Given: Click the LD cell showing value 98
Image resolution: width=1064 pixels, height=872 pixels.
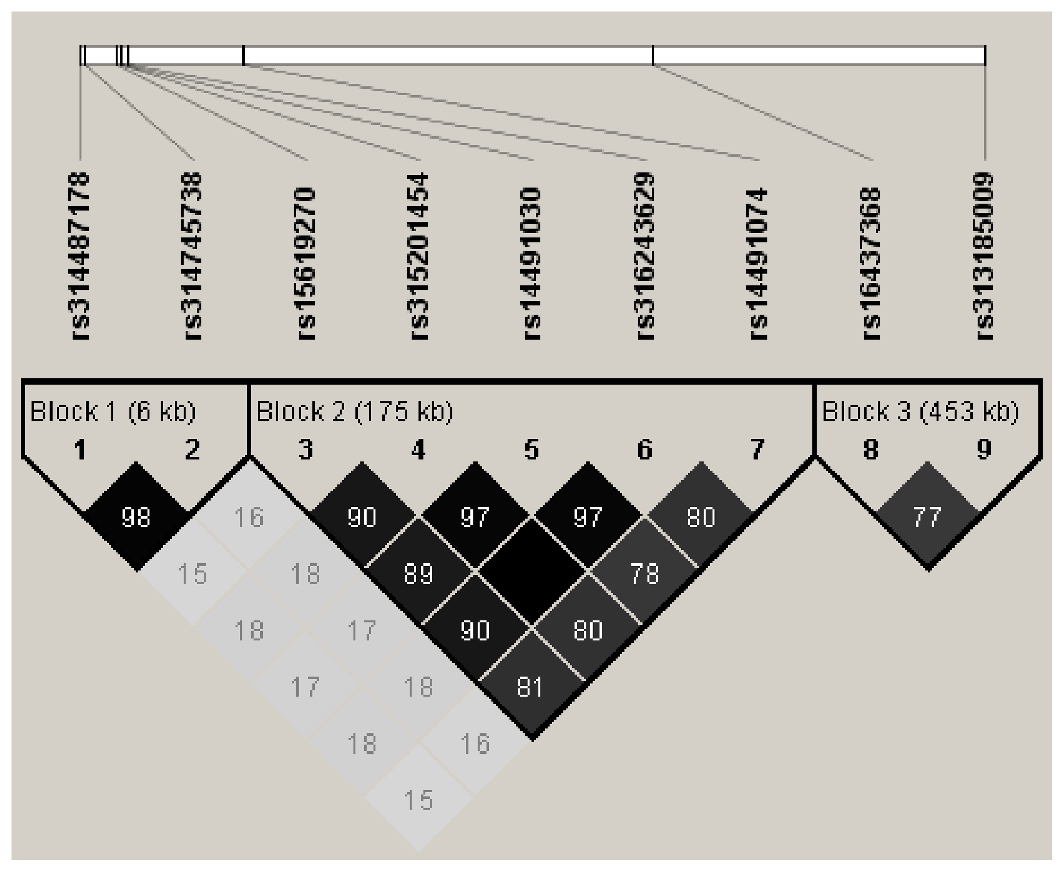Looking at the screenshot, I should coord(136,517).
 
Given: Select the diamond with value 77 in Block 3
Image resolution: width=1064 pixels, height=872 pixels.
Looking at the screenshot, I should coord(927,517).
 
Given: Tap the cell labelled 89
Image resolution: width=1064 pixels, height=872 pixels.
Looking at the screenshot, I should coord(418,573).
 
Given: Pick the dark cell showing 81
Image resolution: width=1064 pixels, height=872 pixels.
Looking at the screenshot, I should coord(531,687).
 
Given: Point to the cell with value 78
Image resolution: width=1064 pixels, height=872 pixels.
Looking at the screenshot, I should coord(644,573).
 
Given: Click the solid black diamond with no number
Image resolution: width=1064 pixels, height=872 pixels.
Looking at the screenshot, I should coord(531,573).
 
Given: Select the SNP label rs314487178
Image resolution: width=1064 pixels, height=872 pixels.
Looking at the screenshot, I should coord(80,256).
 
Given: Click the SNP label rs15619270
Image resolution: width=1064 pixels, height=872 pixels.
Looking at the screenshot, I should coord(306,263).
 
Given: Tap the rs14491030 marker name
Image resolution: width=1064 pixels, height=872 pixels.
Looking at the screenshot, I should coord(532,263).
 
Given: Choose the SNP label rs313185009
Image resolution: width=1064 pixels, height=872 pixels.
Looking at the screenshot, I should coord(984,256).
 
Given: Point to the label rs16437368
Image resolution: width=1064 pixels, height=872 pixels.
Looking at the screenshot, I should coord(871,263).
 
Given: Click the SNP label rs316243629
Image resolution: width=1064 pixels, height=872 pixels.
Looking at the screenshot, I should coord(646,256).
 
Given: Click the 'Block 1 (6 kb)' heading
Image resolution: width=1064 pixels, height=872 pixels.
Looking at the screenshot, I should coord(113,412).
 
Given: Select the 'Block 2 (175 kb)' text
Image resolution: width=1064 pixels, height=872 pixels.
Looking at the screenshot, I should coord(355,412).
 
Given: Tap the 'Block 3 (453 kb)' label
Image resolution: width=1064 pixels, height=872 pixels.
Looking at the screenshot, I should coord(920,412).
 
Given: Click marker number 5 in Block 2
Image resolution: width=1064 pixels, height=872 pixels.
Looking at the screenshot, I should coord(532,450).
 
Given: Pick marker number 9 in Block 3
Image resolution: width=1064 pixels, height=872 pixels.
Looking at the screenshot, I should coord(984,450).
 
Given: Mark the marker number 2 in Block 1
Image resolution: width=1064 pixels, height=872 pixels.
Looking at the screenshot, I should coord(193,450).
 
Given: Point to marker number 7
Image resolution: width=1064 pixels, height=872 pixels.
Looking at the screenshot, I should coord(758,450).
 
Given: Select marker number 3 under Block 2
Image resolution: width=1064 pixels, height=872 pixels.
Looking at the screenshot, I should coord(306,450).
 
